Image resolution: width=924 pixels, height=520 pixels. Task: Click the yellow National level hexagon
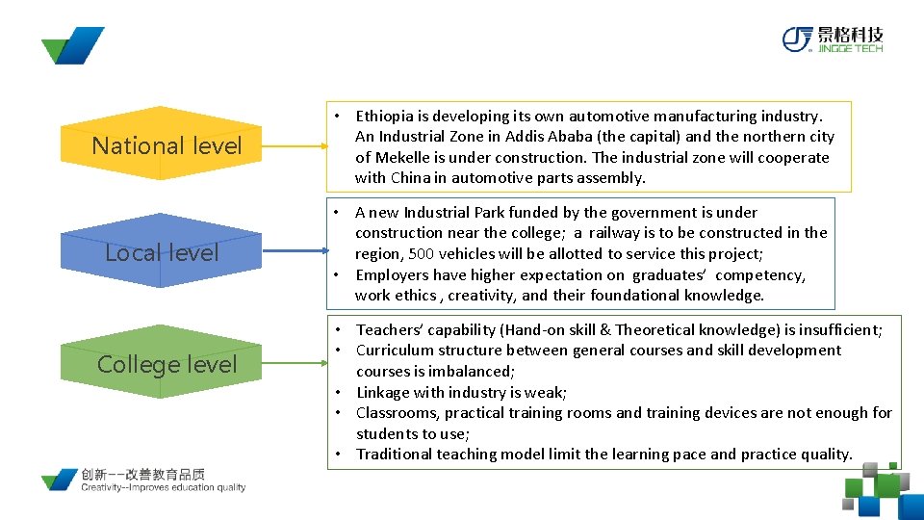tap(167, 145)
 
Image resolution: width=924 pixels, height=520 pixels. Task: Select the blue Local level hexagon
tap(162, 253)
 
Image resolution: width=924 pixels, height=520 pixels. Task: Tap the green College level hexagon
tap(167, 364)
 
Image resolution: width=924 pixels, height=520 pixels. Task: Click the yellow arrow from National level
tap(295, 146)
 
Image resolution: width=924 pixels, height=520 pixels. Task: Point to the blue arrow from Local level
tap(295, 253)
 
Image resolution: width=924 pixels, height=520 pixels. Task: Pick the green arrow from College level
tap(295, 364)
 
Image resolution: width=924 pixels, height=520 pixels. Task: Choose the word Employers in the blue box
tap(391, 274)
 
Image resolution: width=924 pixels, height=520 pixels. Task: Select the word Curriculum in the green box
tap(396, 351)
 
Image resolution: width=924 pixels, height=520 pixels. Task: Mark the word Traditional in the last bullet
tap(395, 455)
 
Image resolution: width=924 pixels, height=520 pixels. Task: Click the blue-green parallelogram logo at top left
tap(72, 45)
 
